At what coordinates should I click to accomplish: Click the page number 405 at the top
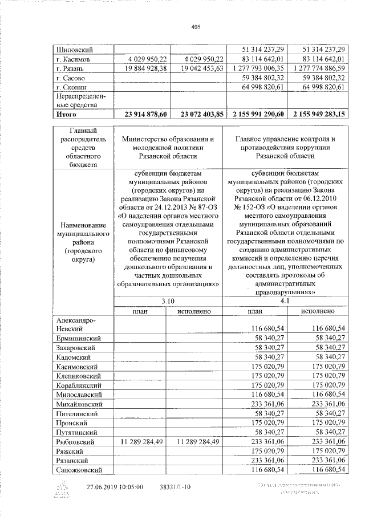pyautogui.click(x=197, y=27)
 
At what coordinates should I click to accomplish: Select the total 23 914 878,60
pyautogui.click(x=140, y=114)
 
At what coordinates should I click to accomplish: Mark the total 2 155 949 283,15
pyautogui.click(x=319, y=114)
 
